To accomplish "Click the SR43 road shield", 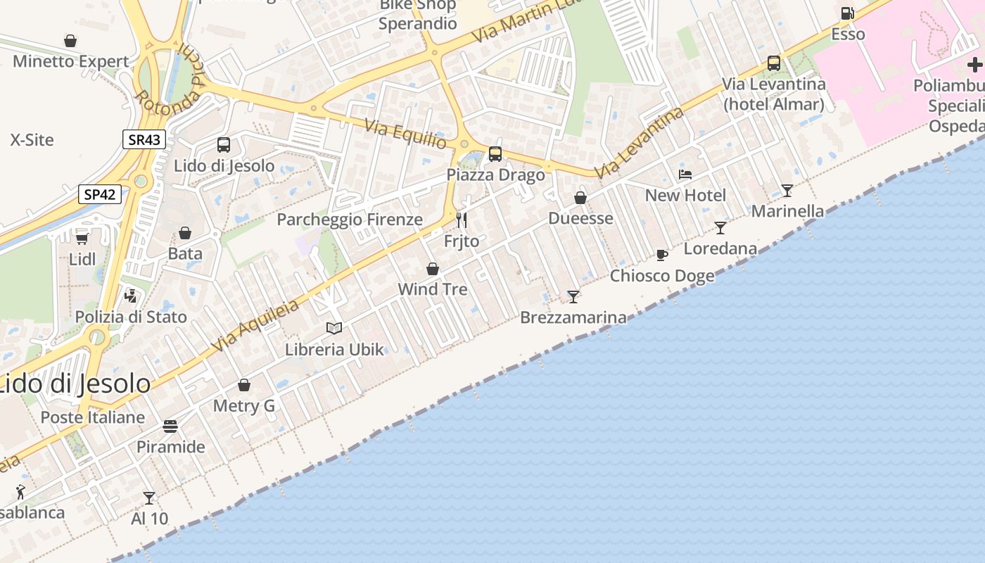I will [144, 139].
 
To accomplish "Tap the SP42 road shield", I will [99, 194].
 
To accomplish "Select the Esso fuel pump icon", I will [847, 13].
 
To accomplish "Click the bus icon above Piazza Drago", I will [495, 153].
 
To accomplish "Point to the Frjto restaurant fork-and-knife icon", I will [462, 220].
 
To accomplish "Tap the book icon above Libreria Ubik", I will [334, 328].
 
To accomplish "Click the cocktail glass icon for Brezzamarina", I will [573, 296].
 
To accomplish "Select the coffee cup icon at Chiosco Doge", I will [661, 255].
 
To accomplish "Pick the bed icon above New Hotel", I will [685, 174].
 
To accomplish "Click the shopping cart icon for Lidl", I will [82, 238].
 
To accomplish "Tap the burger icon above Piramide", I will [170, 426].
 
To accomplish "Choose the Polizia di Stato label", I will [131, 317].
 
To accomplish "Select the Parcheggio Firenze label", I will [350, 220].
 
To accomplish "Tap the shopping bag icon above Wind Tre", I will [433, 269].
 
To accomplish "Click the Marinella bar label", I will [787, 211].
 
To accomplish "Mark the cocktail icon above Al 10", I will [149, 498].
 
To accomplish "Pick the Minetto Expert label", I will [71, 61].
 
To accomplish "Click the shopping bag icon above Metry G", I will [244, 385].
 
